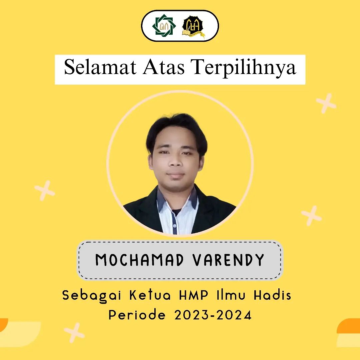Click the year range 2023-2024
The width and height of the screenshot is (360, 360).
point(213,315)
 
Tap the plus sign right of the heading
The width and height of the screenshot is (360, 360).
point(326,103)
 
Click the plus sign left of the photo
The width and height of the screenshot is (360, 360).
point(45,190)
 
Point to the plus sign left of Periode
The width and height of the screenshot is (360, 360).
point(74,332)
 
